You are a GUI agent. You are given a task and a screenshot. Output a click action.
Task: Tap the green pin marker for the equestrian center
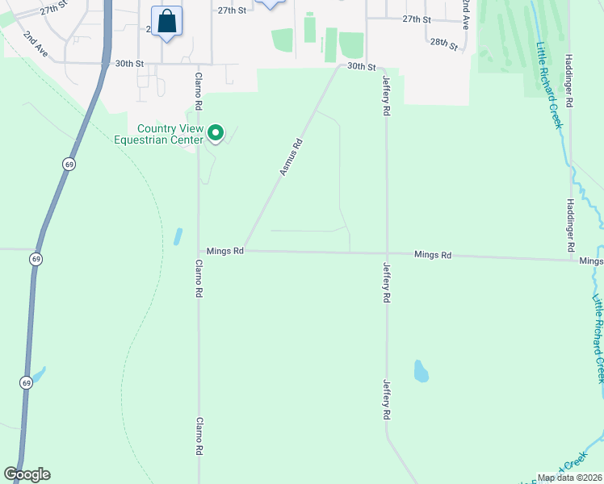[x=216, y=132]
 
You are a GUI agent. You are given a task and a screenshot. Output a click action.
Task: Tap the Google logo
[x=27, y=474]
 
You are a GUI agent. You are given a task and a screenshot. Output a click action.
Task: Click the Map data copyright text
[x=568, y=478]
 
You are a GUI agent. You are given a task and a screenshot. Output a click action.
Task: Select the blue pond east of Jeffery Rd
[x=421, y=371]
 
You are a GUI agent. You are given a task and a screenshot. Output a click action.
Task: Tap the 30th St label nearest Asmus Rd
[x=363, y=67]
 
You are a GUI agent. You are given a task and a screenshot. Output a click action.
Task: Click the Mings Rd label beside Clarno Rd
[x=224, y=252]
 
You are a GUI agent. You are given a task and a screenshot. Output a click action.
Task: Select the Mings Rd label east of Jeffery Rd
[x=432, y=255]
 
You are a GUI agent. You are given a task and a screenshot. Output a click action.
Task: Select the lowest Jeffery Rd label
[x=387, y=399]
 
